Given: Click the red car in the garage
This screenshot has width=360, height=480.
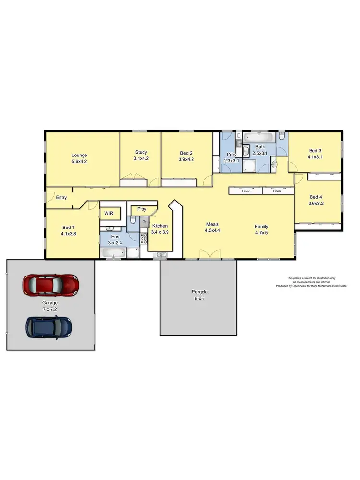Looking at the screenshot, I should pos(50,285).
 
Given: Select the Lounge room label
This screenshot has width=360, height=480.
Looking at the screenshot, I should pos(79,155).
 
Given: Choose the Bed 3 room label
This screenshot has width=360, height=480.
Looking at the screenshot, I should pos(315,150).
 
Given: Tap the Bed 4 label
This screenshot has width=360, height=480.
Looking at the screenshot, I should pos(316,197).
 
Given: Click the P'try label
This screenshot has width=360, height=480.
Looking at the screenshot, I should pos(142,209).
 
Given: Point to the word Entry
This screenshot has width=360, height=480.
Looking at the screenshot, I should pos(61,197).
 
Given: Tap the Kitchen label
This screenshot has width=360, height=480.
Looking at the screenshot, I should pos(159,226).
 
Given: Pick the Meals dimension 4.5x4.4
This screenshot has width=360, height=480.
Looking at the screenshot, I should pos(213,231).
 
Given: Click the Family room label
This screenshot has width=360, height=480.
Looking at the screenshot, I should pos(262,226).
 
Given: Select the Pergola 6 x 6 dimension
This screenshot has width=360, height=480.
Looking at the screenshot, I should pos(198,298).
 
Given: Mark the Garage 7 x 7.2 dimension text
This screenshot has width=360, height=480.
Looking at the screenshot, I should pos(49,309).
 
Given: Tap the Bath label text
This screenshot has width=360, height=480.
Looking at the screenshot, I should pos(260,147).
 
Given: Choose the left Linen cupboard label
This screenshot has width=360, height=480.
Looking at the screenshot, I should pos(246,191).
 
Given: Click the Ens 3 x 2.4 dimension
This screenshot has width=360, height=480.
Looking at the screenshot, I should pos(115,242).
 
